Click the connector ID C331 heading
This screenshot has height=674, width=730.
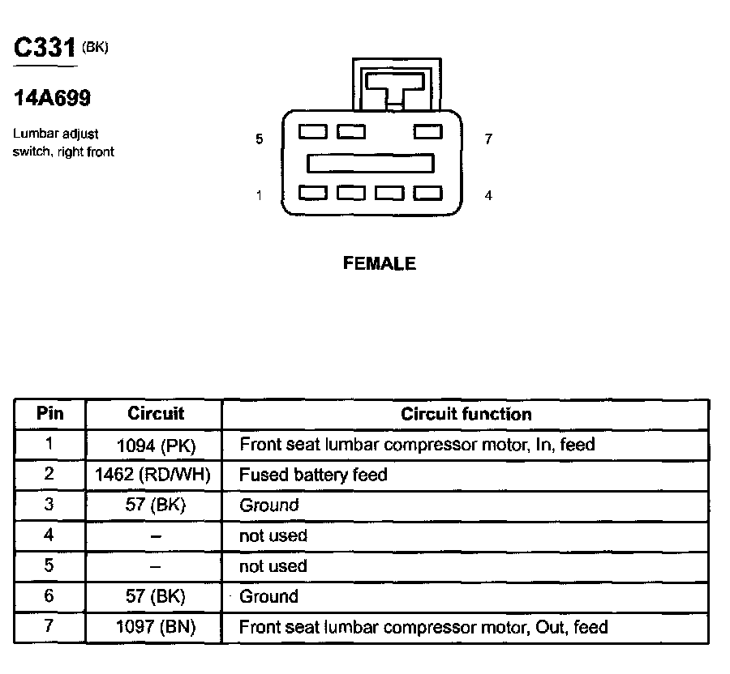45,47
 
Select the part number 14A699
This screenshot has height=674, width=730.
52,99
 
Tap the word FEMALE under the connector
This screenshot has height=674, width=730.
380,263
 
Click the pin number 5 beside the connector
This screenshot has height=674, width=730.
260,139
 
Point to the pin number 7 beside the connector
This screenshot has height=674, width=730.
488,139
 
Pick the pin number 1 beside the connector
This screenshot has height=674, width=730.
260,195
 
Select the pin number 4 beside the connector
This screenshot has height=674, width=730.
488,195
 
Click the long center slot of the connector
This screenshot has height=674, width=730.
370,164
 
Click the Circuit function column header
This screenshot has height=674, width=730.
466,414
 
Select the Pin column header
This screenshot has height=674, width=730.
50,414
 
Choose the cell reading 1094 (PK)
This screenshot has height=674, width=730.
156,445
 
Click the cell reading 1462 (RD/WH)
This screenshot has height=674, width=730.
156,475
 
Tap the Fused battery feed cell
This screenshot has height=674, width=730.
313,475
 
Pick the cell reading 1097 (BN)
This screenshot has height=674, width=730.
156,627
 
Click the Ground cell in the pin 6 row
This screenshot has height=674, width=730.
268,597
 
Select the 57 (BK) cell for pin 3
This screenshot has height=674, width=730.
156,505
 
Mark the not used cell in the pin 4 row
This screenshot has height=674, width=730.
273,536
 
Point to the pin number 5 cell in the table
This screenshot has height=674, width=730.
50,566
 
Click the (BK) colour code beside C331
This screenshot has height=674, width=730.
95,47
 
